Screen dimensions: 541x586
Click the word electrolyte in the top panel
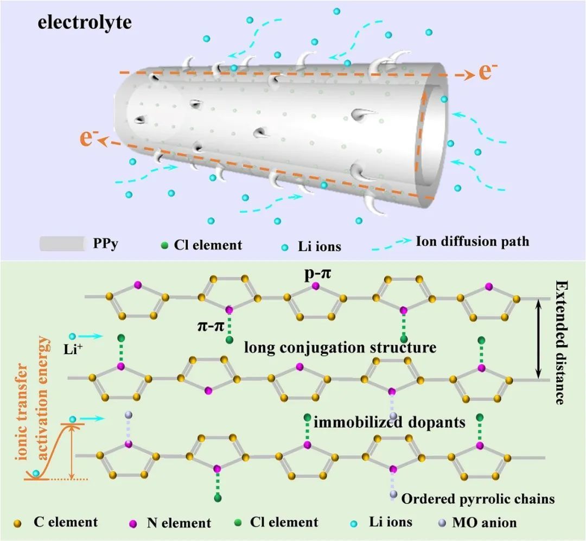(x=85, y=23)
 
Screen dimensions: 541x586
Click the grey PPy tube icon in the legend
(x=63, y=244)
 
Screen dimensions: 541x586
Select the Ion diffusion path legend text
(x=472, y=241)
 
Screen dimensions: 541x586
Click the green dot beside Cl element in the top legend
(x=164, y=245)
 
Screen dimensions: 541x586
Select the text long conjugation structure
(x=340, y=347)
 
